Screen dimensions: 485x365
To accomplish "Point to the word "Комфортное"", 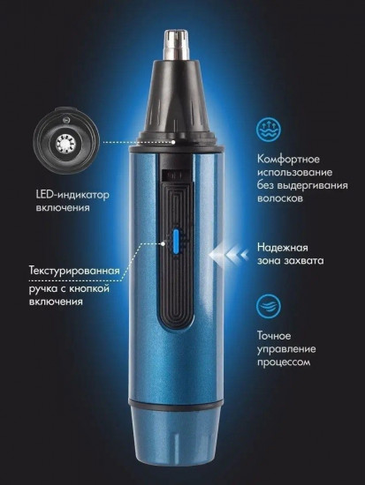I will [287, 158].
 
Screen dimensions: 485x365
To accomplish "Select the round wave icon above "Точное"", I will [269, 306].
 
